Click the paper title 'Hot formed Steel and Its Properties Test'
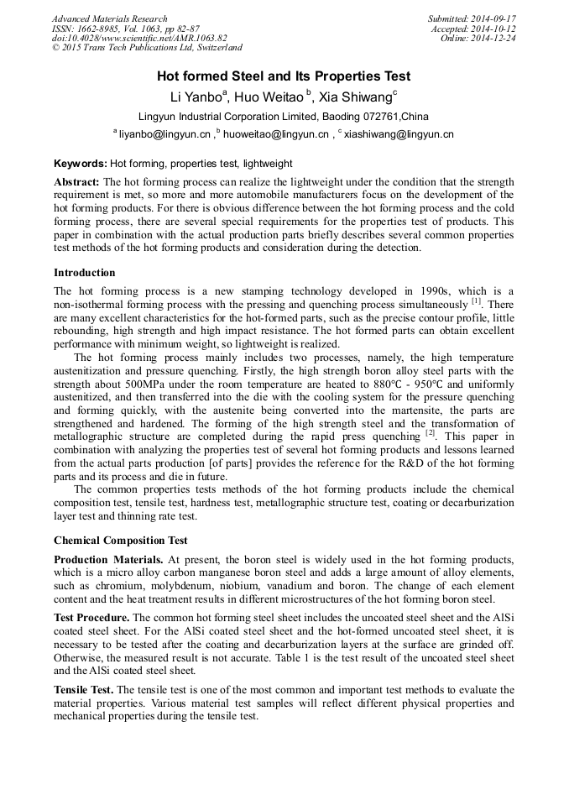tap(284, 76)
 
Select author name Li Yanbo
tap(198, 97)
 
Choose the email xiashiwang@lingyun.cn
tap(399, 133)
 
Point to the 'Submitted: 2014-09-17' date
tap(472, 18)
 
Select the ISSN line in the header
tap(125, 29)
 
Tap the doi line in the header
tap(139, 39)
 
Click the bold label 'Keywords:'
tap(81, 164)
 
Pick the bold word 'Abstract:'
tap(77, 182)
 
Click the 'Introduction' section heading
tap(84, 273)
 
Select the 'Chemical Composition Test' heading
tap(121, 541)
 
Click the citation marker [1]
tap(476, 302)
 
